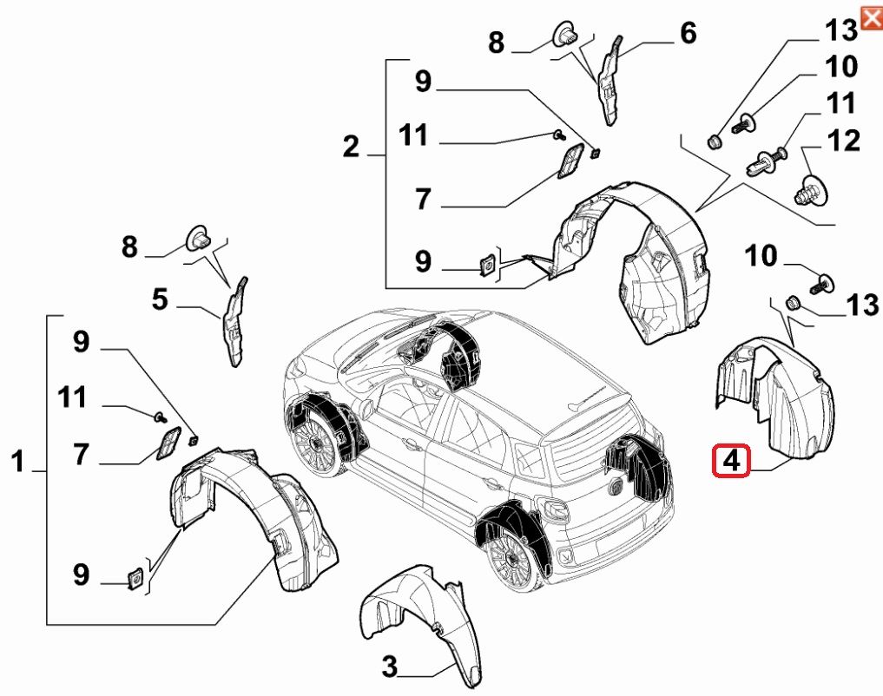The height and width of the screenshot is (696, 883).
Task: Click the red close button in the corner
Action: coord(871,17)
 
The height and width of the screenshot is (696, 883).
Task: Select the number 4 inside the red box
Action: coord(732,460)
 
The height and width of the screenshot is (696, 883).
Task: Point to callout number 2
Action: coord(350,148)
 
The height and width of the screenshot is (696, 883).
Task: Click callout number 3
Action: coord(390,667)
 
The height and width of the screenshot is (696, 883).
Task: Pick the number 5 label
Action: coord(160,300)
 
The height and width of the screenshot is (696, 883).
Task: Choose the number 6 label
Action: coord(688,34)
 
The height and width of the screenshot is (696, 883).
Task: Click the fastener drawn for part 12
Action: coord(812,188)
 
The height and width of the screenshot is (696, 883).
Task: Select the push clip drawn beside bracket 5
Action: coord(199,236)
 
